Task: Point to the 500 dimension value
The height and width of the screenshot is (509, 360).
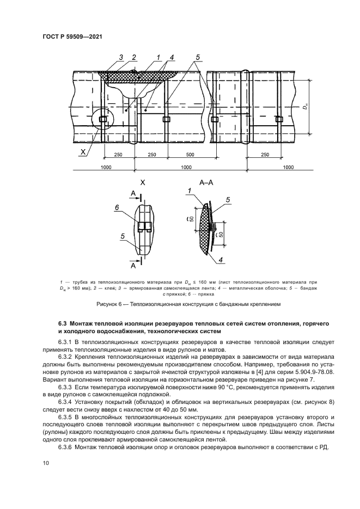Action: point(190,155)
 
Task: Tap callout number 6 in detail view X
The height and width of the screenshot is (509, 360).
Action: point(117,207)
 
